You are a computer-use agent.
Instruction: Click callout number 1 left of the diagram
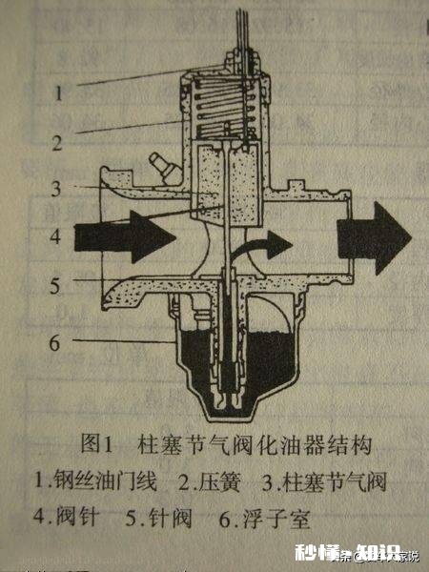(59, 92)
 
